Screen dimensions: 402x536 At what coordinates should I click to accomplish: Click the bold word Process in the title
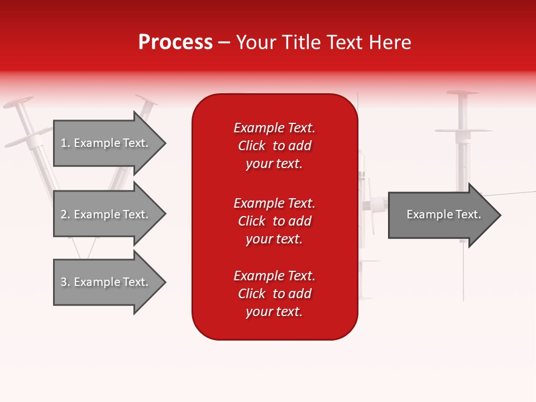[x=175, y=42]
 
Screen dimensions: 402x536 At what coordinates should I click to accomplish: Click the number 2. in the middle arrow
[x=65, y=214]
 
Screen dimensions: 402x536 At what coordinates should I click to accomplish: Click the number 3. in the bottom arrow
[x=65, y=282]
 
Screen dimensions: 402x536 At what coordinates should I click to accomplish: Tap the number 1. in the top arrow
[x=65, y=143]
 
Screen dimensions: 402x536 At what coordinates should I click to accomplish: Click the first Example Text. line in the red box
[x=274, y=128]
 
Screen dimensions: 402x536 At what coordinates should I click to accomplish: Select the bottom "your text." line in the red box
[x=274, y=312]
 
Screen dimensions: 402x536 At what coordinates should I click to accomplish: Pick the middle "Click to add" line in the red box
[x=274, y=221]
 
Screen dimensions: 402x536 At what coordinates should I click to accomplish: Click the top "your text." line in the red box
[x=274, y=164]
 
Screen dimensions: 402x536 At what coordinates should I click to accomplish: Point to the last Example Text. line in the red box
[x=274, y=276]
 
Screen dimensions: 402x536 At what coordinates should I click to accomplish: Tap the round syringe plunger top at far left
[x=18, y=103]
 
